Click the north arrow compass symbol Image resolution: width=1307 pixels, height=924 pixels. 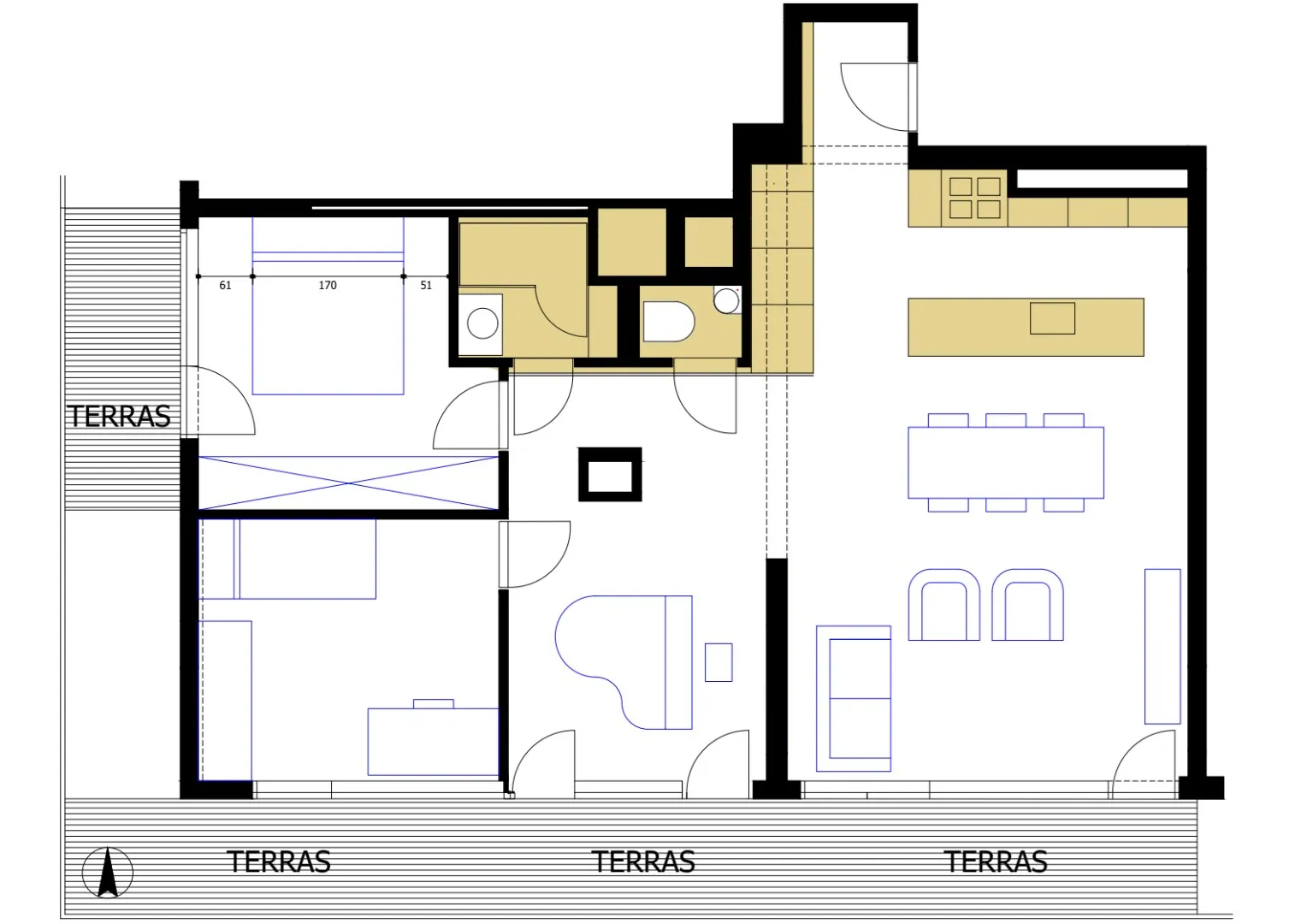108,873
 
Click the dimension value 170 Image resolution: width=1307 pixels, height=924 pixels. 328,285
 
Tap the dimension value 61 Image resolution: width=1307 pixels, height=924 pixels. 225,285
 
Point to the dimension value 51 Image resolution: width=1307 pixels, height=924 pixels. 426,285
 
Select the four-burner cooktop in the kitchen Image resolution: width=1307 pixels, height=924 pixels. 975,198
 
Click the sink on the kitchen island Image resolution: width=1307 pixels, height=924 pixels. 1052,318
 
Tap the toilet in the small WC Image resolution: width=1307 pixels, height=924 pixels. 669,321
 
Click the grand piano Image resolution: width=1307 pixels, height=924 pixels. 624,662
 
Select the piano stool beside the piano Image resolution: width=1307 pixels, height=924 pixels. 719,662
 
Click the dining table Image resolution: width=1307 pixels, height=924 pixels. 1005,462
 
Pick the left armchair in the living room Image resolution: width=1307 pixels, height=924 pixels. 944,605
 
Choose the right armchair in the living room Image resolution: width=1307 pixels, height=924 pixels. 1027,605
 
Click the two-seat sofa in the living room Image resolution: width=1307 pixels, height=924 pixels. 853,699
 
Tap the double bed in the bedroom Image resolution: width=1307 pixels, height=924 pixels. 328,305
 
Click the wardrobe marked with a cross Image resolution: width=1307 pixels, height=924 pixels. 348,483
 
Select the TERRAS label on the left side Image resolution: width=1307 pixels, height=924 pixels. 120,417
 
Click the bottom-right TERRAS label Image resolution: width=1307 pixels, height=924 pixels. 996,862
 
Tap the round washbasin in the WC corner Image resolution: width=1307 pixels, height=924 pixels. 726,301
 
